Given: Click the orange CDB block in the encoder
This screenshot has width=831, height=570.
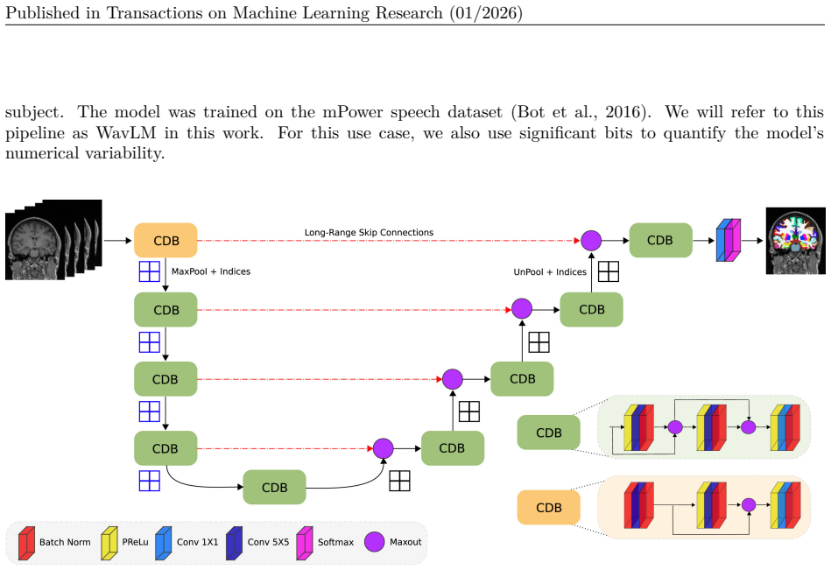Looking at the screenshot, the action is click(x=165, y=241).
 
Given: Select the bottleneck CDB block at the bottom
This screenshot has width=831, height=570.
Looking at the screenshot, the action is click(x=274, y=487).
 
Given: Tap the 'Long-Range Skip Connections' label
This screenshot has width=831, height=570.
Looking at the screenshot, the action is click(x=369, y=233).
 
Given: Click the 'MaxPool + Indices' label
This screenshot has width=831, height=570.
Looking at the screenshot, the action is click(x=211, y=271).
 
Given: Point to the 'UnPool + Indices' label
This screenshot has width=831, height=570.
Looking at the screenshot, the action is click(x=550, y=272).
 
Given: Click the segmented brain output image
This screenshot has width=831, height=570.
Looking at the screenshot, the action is click(x=795, y=241).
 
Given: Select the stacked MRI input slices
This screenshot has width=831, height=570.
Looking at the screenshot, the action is click(x=53, y=239).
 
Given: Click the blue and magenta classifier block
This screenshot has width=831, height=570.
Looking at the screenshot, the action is click(x=729, y=240).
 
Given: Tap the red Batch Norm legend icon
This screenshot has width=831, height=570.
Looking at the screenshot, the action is click(x=26, y=543).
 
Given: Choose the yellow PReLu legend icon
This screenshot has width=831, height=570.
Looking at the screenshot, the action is click(x=109, y=543).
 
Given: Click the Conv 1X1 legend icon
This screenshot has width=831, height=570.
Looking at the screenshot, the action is click(x=163, y=543).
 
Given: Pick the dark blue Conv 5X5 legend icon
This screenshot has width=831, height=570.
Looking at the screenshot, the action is click(x=234, y=543).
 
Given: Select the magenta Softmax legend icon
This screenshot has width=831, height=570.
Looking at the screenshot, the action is click(x=304, y=543).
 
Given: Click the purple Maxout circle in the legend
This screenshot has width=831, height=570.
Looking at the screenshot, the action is click(x=374, y=542).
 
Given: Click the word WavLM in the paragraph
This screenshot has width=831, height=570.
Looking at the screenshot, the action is click(x=126, y=132).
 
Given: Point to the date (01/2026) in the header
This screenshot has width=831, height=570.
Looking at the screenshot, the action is click(x=486, y=12).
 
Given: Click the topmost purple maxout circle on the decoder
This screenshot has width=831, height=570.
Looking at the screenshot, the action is click(x=591, y=241).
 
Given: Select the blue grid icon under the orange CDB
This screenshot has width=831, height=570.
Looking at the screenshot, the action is click(x=150, y=271).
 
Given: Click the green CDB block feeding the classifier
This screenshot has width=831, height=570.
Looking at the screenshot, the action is click(x=660, y=240).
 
